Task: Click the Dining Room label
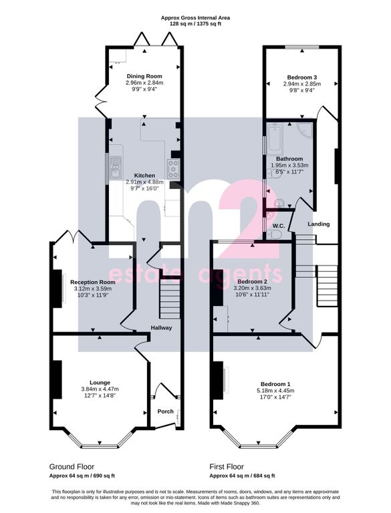click(x=144, y=76)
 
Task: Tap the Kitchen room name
click(x=144, y=176)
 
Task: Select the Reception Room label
click(x=93, y=282)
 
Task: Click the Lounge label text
click(x=100, y=383)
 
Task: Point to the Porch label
click(x=165, y=411)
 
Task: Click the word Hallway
click(x=161, y=327)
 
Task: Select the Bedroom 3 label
click(x=302, y=77)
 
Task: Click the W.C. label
click(x=279, y=226)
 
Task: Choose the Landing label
click(x=319, y=224)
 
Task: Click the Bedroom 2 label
click(x=252, y=282)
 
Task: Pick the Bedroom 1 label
click(x=275, y=384)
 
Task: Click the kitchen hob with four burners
click(x=173, y=169)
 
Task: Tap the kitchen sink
click(x=116, y=167)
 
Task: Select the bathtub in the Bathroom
click(x=275, y=140)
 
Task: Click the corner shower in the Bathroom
click(x=305, y=131)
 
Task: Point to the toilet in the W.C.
click(x=274, y=234)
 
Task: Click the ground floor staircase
click(x=170, y=298)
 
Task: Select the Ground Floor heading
click(x=72, y=466)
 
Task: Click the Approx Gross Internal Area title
click(x=195, y=18)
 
